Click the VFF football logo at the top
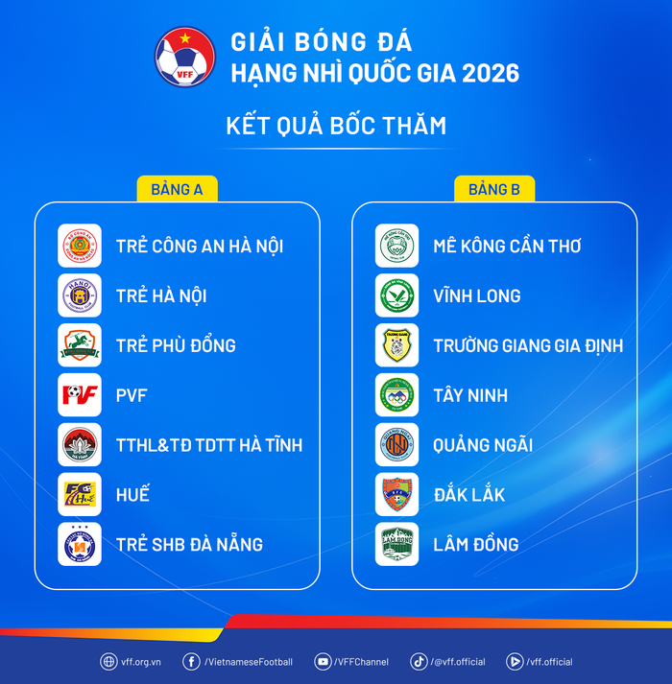click(184, 57)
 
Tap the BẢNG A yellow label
click(177, 189)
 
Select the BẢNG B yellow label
click(494, 189)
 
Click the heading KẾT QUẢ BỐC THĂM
click(336, 126)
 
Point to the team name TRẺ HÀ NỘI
click(161, 295)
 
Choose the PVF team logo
click(80, 394)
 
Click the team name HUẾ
click(132, 495)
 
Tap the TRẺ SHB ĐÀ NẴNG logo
click(80, 544)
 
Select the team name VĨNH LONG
click(476, 295)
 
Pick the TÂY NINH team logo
click(396, 394)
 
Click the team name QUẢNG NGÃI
click(483, 445)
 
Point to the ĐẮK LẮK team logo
click(396, 494)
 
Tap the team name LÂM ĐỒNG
click(475, 544)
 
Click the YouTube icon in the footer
click(324, 661)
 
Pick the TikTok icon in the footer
click(419, 661)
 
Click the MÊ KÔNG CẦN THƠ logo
click(396, 246)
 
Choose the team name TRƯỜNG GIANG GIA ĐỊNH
click(528, 345)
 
